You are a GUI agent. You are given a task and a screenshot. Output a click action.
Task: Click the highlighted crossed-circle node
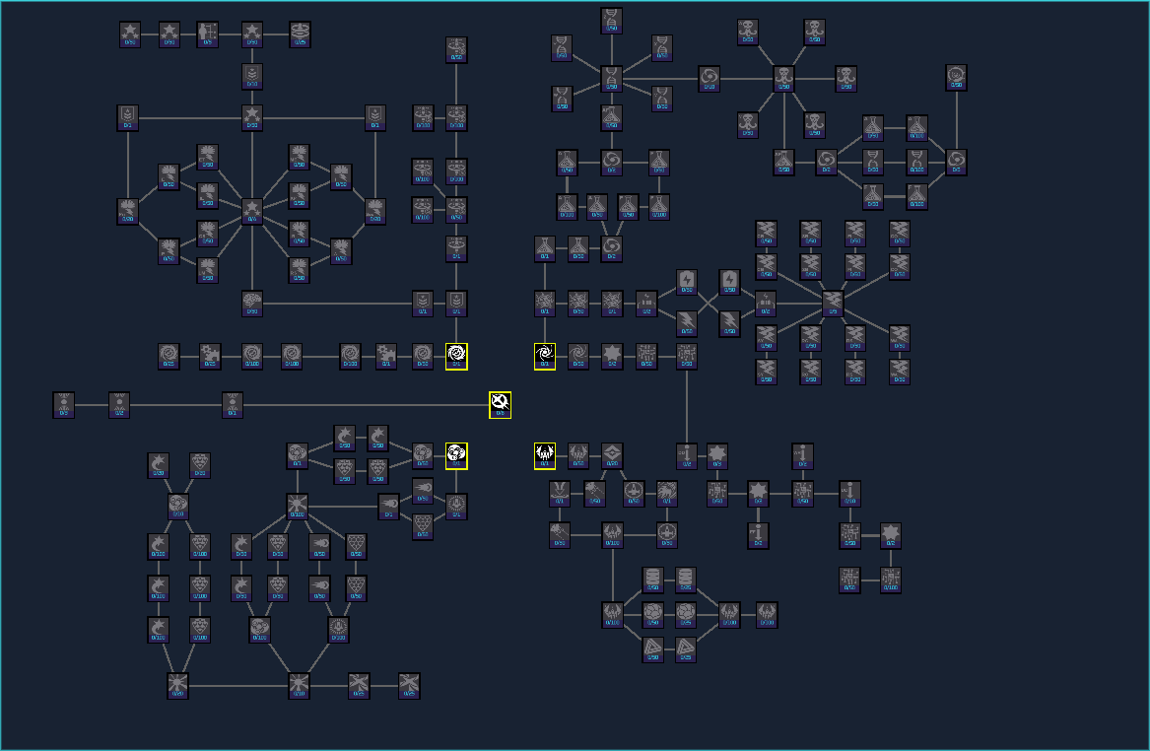click(501, 404)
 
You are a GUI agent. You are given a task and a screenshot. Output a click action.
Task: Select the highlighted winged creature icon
click(545, 455)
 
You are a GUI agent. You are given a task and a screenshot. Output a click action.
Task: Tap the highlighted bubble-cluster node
click(456, 455)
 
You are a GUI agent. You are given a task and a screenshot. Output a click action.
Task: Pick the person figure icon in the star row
click(208, 34)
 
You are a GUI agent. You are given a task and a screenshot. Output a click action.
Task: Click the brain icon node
click(252, 303)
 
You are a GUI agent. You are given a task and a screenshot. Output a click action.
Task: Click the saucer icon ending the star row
click(301, 34)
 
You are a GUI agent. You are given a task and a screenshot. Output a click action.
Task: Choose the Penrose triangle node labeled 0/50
click(652, 648)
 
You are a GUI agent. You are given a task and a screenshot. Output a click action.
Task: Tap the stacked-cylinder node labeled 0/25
click(686, 580)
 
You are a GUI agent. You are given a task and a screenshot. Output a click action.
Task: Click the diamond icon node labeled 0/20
click(612, 455)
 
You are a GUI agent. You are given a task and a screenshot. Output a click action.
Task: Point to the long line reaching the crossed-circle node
click(365, 405)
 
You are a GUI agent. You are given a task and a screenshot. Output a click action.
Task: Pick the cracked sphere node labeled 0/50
click(652, 615)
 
